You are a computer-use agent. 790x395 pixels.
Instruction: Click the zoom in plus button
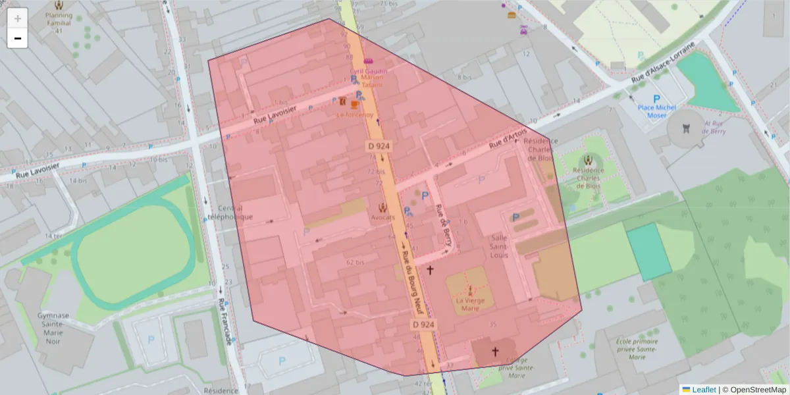click(x=18, y=18)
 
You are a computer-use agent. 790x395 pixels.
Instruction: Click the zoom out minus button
click(x=18, y=38)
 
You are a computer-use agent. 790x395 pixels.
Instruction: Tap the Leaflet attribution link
click(x=703, y=390)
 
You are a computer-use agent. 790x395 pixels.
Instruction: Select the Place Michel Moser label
click(x=656, y=111)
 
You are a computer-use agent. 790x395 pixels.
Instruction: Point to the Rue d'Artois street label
click(x=508, y=138)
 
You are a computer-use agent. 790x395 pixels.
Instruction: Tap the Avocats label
click(x=382, y=217)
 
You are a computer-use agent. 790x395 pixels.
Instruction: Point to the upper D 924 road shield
click(x=380, y=145)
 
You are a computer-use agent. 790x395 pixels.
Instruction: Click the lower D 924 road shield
click(x=424, y=325)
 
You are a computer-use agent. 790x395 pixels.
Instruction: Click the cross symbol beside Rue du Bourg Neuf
click(x=431, y=270)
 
